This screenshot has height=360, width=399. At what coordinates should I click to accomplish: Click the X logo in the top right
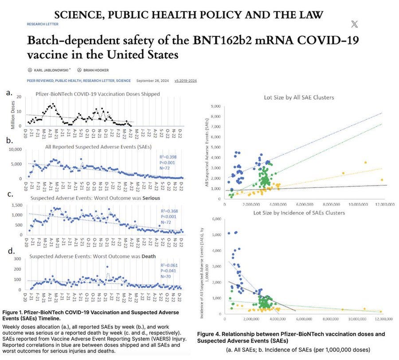[354, 24]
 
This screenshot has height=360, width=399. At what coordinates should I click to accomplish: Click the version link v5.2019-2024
[186, 81]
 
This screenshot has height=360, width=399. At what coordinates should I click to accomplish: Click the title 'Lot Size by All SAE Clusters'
[299, 97]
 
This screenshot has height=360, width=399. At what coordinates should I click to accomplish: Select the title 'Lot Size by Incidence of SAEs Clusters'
[299, 213]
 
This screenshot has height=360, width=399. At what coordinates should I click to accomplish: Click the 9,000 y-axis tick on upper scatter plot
[216, 106]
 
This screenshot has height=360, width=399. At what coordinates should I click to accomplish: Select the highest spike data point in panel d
[107, 266]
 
